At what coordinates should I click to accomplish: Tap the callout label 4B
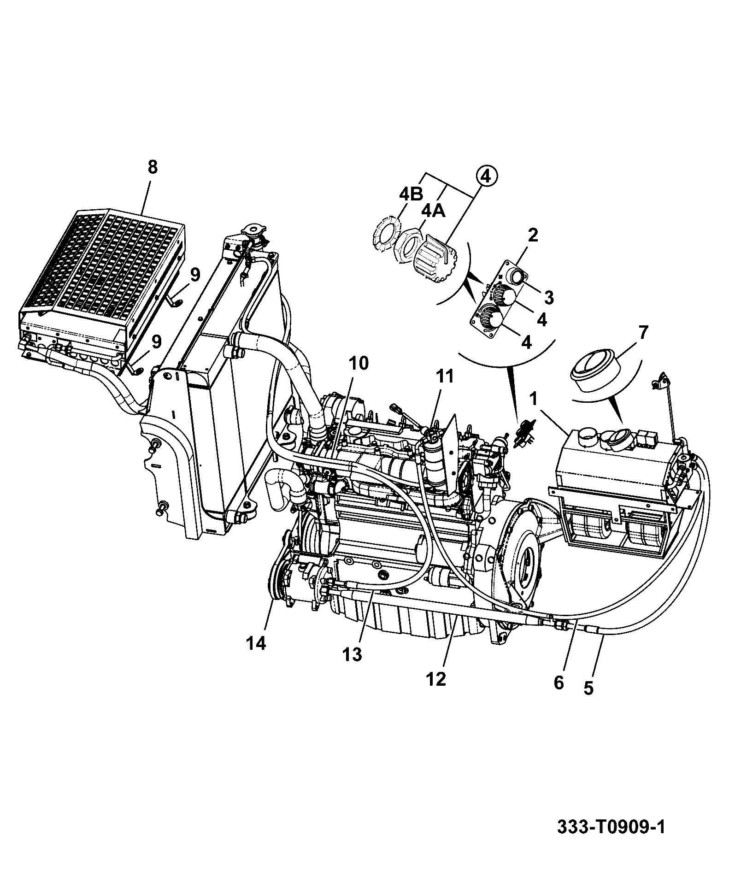coord(411,194)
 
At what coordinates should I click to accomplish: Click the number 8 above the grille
coord(153,167)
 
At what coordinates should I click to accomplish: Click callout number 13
coord(353,654)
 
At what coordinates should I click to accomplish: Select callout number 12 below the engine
coord(436,678)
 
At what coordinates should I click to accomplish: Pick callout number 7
coord(643,332)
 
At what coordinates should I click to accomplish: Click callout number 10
coord(359,364)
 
